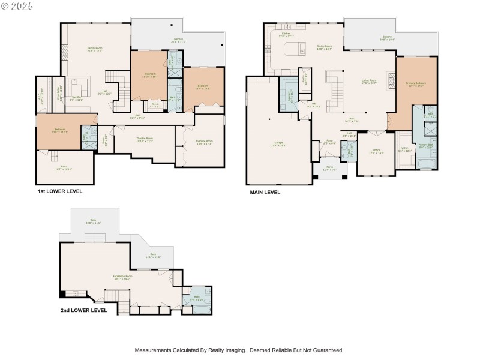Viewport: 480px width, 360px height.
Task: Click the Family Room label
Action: [95, 49]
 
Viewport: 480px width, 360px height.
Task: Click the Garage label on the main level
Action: [277, 143]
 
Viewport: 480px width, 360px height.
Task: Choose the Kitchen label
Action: [287, 34]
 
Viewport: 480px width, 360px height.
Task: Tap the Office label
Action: [376, 151]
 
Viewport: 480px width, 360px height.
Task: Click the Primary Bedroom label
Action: [415, 84]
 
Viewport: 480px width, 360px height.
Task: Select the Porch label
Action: [329, 169]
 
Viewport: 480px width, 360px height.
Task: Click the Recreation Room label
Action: [122, 277]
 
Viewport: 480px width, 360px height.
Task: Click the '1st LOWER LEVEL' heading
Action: [59, 191]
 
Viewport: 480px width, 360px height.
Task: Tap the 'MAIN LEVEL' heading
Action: [265, 193]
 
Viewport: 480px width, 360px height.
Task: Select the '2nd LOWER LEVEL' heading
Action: [83, 310]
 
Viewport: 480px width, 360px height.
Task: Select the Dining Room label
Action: [324, 47]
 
